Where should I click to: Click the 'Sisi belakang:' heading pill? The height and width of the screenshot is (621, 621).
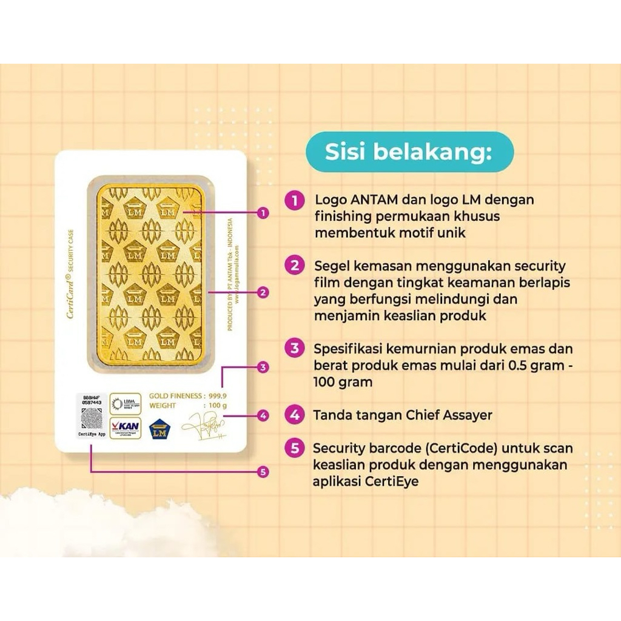point(409,152)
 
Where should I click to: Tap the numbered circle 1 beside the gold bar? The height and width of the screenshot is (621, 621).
point(263,213)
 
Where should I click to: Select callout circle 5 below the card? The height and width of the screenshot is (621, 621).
point(263,471)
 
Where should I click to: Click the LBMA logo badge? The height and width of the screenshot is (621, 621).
point(126,403)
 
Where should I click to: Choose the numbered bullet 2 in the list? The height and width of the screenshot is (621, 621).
point(295,266)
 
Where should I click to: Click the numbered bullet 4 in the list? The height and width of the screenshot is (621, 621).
point(295,415)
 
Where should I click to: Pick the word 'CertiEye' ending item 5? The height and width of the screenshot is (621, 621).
point(396,482)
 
